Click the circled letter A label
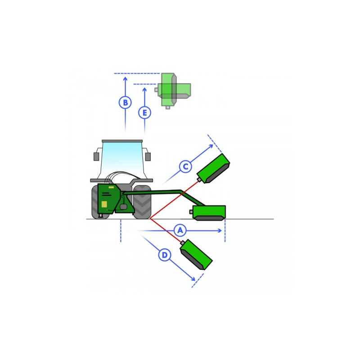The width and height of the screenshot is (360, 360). [180, 230]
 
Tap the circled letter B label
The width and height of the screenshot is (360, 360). [125, 103]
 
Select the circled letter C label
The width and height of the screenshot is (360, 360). [185, 166]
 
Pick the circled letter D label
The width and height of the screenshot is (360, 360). [165, 255]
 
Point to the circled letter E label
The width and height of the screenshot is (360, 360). [144, 113]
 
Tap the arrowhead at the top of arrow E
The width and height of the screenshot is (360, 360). [144, 89]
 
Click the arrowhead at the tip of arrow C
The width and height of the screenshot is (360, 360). [211, 146]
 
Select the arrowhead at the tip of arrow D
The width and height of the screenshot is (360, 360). [193, 279]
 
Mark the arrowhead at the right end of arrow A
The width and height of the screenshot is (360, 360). [220, 230]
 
